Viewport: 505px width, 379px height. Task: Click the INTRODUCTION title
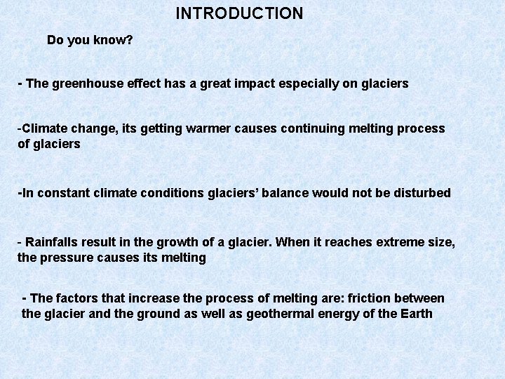[x=239, y=13]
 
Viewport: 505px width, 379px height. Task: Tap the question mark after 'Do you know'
[x=129, y=40]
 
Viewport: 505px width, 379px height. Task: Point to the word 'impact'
[x=249, y=84]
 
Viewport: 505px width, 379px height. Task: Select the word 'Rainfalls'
[x=51, y=242]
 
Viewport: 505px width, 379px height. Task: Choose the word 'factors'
[x=82, y=298]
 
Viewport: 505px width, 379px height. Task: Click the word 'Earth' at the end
[x=416, y=314]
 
